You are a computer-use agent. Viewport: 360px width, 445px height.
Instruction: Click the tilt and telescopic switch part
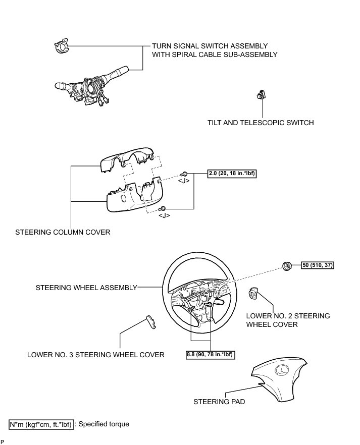262,94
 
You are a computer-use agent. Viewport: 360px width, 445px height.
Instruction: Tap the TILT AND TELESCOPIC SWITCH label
261,123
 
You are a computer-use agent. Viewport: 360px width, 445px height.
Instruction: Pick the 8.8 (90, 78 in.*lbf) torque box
210,355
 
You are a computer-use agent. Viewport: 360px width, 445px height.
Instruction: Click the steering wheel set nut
286,266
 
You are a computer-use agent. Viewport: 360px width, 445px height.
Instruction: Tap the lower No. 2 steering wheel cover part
253,293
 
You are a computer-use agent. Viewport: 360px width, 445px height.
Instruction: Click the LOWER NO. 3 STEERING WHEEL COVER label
96,355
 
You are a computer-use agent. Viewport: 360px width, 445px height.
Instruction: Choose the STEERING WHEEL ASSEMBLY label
86,288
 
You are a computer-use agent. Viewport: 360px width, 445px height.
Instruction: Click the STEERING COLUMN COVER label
63,233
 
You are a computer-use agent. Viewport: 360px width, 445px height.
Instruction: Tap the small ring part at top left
60,47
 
